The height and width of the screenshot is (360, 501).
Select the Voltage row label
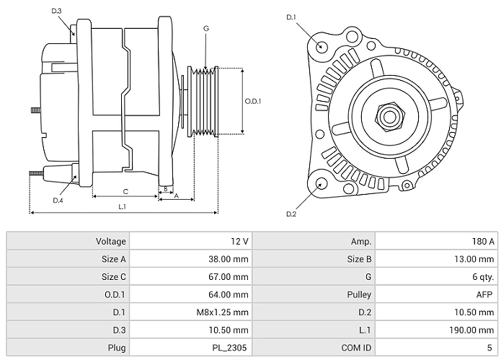(x=110, y=242)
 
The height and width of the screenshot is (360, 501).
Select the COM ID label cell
(x=356, y=348)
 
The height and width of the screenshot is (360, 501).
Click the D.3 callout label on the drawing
(x=57, y=11)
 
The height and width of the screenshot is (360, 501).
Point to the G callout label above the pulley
(x=206, y=28)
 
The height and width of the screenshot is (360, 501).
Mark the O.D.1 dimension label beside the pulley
(x=253, y=101)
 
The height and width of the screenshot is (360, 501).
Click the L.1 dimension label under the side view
(x=123, y=207)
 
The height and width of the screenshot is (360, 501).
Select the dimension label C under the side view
(x=125, y=191)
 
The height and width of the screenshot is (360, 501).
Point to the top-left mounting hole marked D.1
(x=322, y=47)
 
